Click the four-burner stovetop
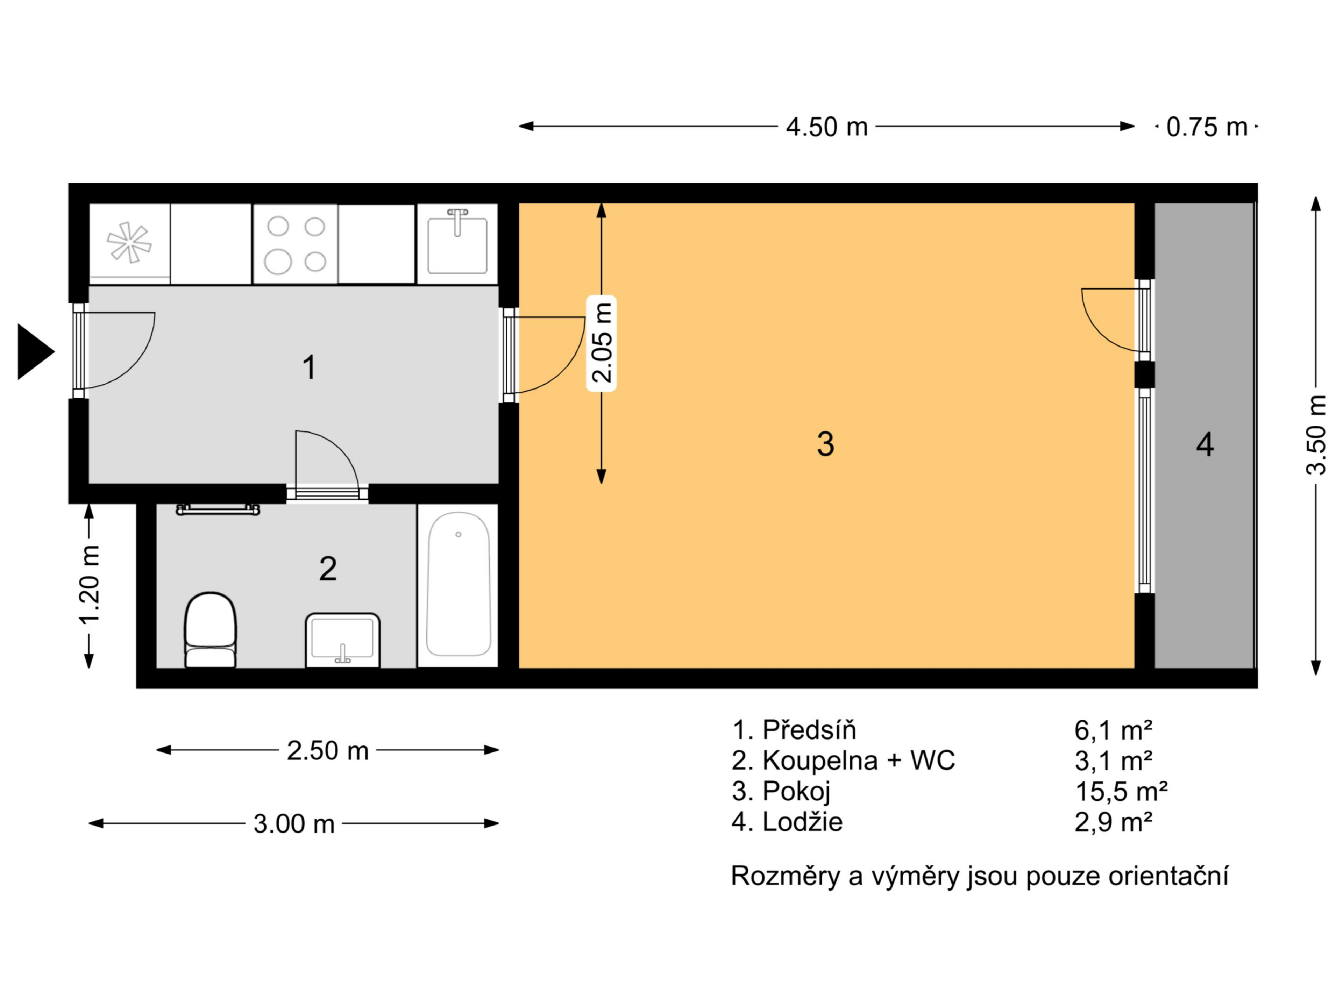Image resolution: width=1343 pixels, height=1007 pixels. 296,244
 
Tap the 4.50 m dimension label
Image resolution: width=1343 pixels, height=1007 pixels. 826,127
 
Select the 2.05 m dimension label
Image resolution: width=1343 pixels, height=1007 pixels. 602,343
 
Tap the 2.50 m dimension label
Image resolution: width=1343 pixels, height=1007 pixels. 328,751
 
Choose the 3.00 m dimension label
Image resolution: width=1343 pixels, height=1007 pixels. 294,824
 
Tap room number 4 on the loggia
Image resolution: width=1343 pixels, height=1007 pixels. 1205,444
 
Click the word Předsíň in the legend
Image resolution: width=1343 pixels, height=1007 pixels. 809,730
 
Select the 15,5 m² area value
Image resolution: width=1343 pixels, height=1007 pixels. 1121,792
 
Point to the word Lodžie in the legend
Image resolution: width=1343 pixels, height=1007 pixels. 803,822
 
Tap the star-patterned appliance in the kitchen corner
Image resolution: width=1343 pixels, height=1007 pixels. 129,243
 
